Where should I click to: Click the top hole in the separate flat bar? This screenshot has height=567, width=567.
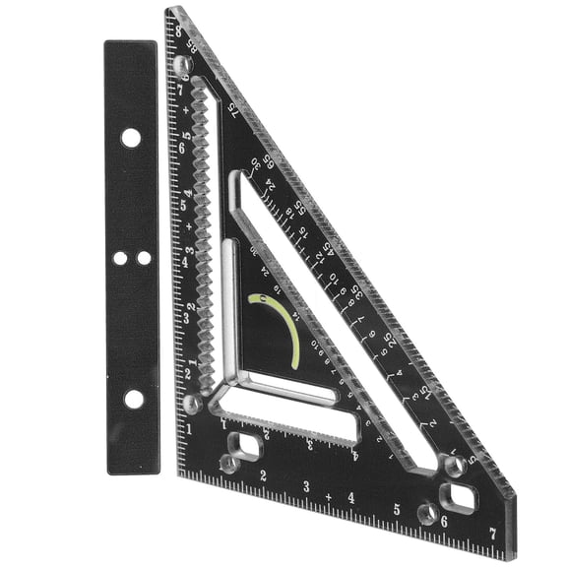click(x=130, y=138)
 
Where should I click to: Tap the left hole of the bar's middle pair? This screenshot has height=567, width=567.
click(x=119, y=257)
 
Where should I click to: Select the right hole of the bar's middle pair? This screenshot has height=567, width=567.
click(x=144, y=257)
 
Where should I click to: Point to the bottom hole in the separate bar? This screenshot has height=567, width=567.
click(x=133, y=399)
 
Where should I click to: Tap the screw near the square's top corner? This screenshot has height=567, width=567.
click(x=182, y=65)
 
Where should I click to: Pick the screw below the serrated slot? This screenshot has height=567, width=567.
click(x=193, y=403)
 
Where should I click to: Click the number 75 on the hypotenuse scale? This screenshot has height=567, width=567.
click(x=228, y=109)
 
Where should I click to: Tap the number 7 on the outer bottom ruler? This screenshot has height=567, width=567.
click(x=491, y=534)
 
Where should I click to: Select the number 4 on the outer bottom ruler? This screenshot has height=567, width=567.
click(x=351, y=497)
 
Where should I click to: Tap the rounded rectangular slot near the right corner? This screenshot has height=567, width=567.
click(x=459, y=494)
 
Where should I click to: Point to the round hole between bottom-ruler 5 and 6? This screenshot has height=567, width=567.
click(x=426, y=513)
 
